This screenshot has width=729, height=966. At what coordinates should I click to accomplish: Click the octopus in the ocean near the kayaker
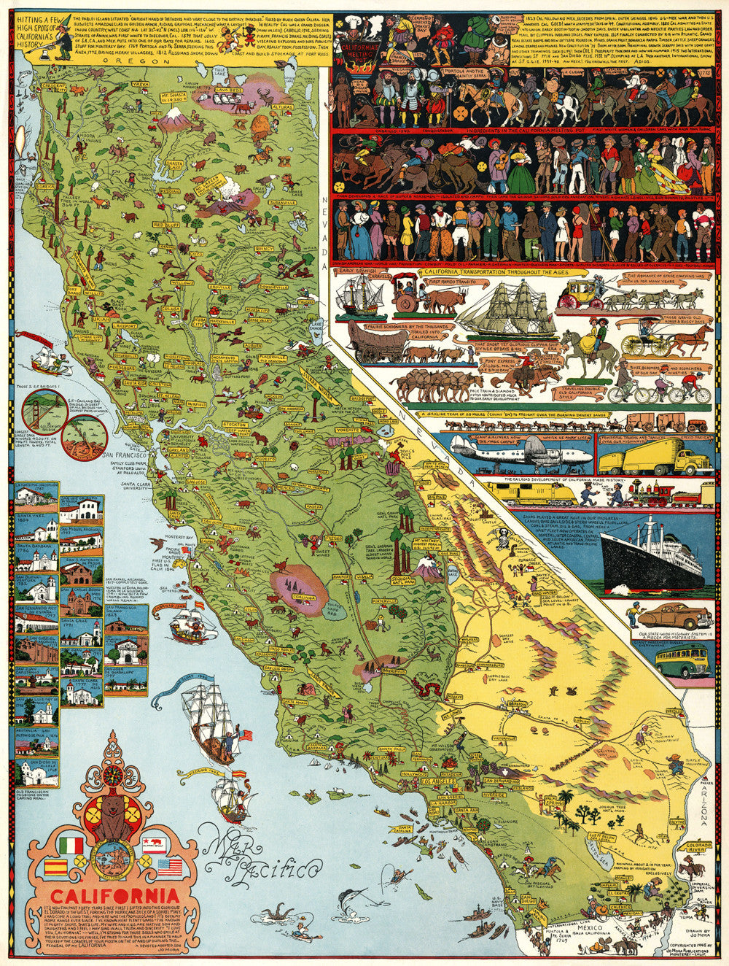pyautogui.click(x=276, y=912)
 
